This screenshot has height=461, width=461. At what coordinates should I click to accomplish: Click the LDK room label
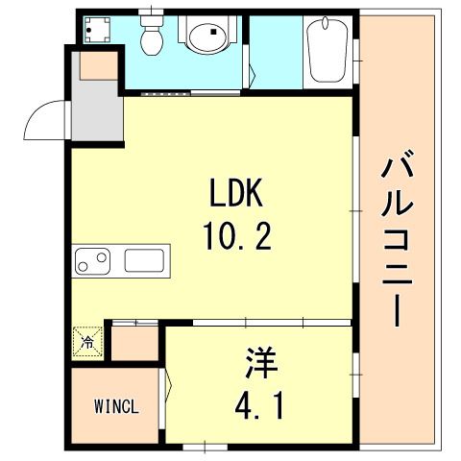tap(236, 192)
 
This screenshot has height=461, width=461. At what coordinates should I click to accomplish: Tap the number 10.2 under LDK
tap(237, 236)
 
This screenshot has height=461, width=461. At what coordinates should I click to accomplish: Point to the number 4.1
tap(259, 406)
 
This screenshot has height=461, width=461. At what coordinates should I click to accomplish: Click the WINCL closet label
tap(116, 406)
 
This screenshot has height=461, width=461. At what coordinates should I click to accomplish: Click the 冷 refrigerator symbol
tap(87, 342)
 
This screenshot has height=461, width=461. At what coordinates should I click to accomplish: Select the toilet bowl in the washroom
tap(152, 36)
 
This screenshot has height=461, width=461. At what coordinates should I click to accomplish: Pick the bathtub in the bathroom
tap(328, 50)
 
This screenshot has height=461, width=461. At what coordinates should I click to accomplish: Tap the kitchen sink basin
tap(144, 260)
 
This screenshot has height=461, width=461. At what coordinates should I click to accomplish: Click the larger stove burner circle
tap(102, 257)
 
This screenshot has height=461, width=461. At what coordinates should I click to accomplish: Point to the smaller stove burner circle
tap(83, 266)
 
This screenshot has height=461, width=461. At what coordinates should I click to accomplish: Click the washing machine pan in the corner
tap(97, 30)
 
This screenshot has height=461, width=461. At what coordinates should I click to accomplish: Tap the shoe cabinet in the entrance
tap(99, 65)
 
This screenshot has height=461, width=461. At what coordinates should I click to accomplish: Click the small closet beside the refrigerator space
tap(134, 343)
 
